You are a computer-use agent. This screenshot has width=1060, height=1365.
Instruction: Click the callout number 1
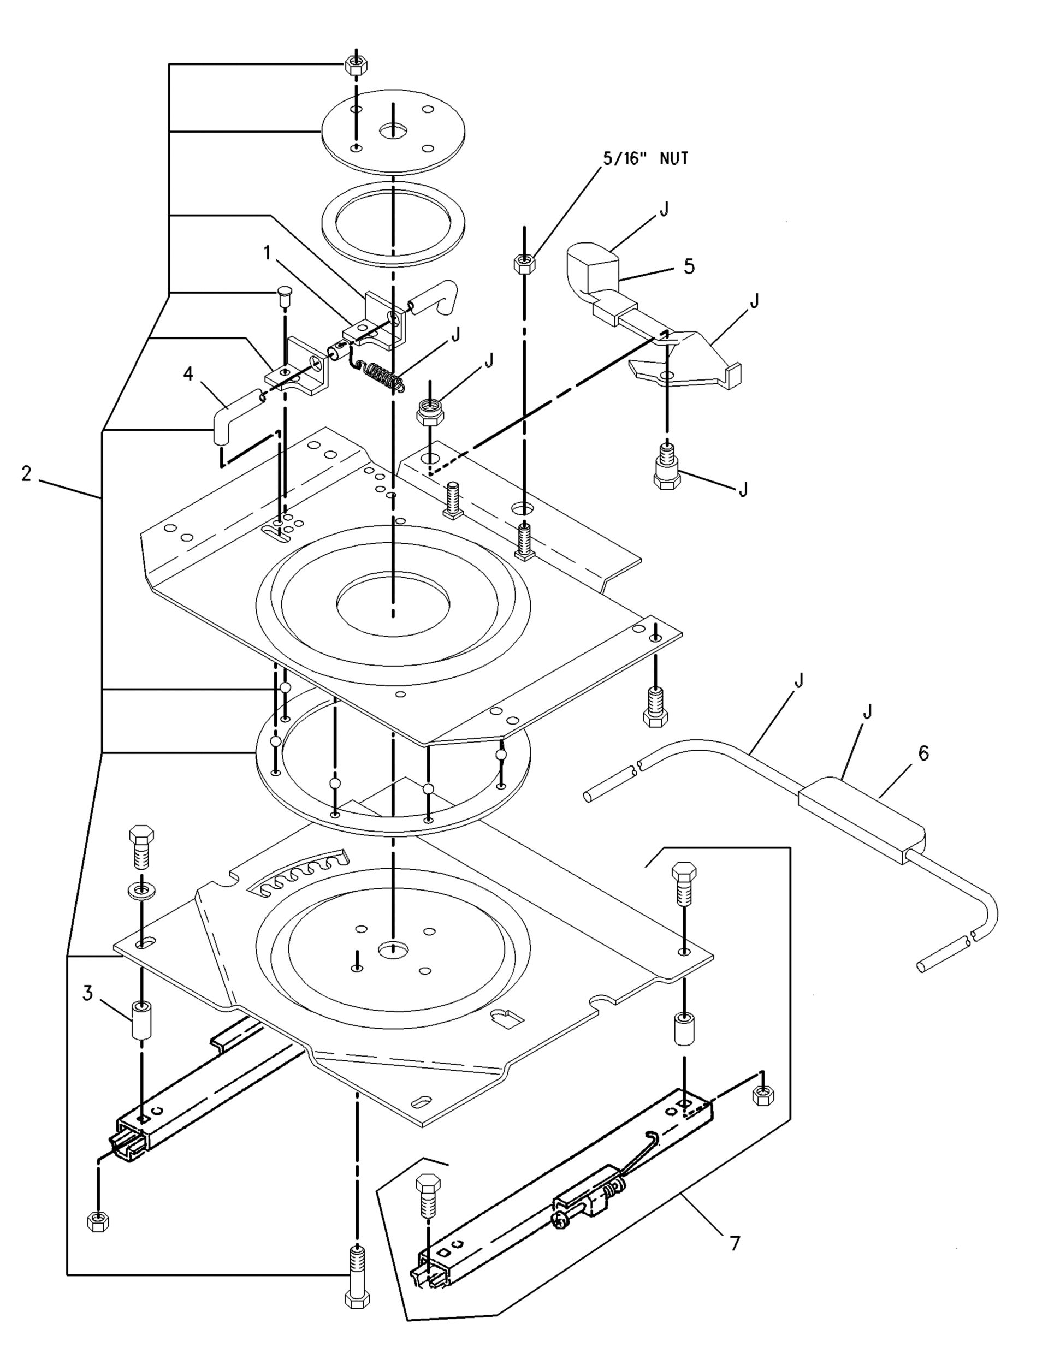[268, 253]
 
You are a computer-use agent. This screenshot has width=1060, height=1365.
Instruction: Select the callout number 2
[26, 474]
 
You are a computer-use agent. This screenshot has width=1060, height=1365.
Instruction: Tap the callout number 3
[87, 993]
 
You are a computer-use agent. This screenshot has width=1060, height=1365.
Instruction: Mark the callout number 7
[735, 1244]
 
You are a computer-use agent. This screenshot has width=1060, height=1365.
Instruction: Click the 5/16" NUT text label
[646, 159]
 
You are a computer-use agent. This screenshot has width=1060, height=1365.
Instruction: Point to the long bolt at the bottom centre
[357, 1277]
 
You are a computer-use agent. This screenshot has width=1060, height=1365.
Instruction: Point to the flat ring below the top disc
[393, 223]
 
